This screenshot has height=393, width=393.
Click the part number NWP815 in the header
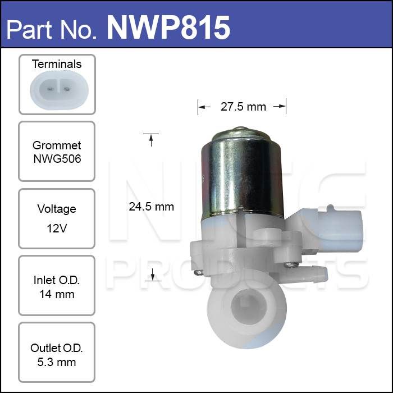(168, 28)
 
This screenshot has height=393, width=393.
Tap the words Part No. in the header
(52, 30)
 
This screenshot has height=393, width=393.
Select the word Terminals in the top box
(57, 64)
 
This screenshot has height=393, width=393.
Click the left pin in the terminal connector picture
(50, 89)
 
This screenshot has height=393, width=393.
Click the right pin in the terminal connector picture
(67, 89)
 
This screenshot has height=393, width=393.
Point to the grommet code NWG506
(57, 159)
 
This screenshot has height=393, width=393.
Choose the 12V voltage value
(57, 229)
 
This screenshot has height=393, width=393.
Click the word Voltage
(57, 209)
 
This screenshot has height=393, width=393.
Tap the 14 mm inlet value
(57, 294)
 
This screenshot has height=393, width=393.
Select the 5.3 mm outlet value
(57, 362)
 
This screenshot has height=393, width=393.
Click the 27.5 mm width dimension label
(243, 107)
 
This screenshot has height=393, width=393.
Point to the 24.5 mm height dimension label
(152, 207)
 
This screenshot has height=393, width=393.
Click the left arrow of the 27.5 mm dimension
(204, 107)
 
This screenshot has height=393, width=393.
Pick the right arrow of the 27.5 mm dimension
(280, 107)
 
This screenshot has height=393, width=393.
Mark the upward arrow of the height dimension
(151, 140)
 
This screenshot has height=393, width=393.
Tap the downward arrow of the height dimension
(152, 274)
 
